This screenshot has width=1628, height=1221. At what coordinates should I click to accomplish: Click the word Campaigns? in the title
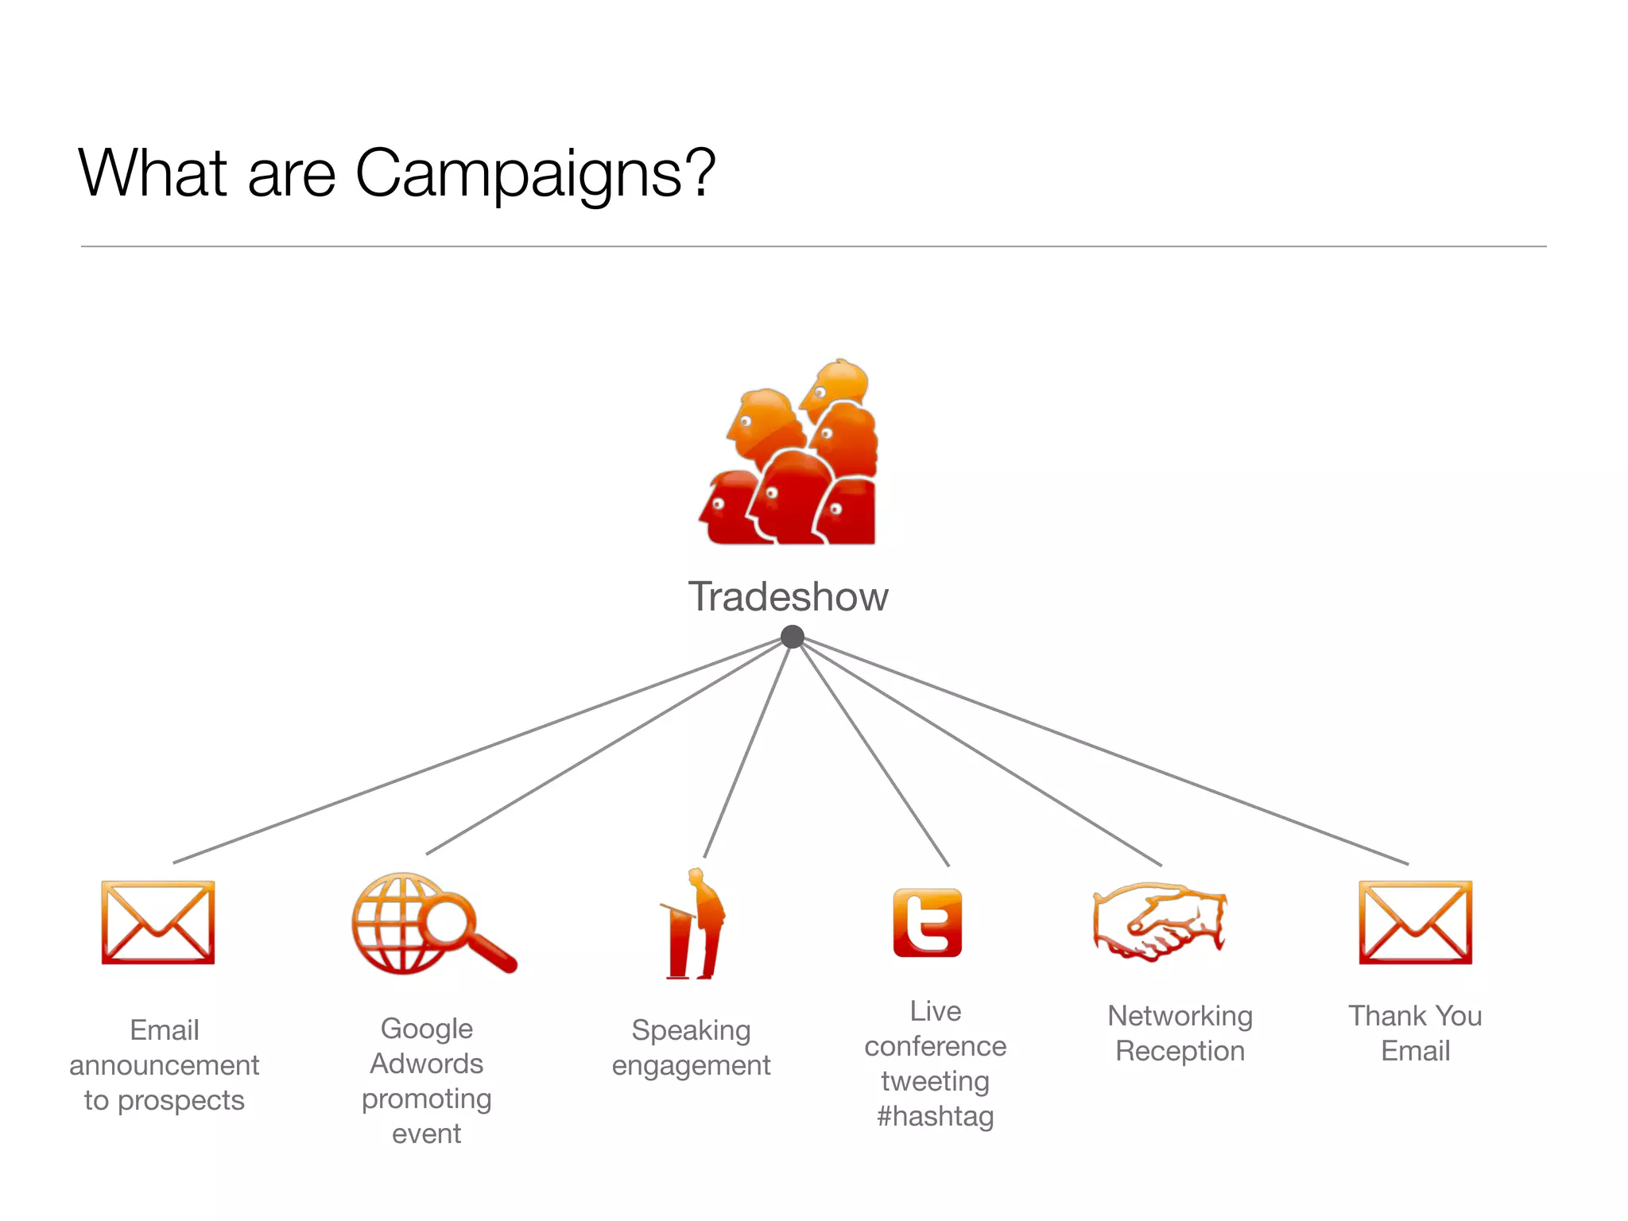click(x=535, y=174)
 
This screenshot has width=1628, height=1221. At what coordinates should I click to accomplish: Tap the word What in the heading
click(x=153, y=172)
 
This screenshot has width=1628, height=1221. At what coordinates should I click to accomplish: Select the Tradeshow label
click(x=788, y=597)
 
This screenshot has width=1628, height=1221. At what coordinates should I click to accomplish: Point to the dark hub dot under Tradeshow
click(x=793, y=637)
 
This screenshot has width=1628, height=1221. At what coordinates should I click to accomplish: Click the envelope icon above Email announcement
click(x=158, y=922)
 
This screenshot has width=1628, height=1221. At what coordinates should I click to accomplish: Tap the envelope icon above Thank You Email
click(x=1415, y=922)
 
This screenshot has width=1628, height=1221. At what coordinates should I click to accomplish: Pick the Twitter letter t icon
click(x=927, y=922)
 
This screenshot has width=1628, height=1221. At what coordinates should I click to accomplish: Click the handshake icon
click(x=1160, y=922)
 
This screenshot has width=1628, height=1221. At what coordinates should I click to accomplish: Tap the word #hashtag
click(x=935, y=1116)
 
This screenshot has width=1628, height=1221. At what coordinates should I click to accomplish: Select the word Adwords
click(x=427, y=1064)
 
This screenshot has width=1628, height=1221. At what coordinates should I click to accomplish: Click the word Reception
click(x=1180, y=1051)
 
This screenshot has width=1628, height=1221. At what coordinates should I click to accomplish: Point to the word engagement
click(x=691, y=1065)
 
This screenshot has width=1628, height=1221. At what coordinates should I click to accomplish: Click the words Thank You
click(x=1415, y=1016)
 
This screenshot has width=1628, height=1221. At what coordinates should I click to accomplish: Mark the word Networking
click(x=1180, y=1016)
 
